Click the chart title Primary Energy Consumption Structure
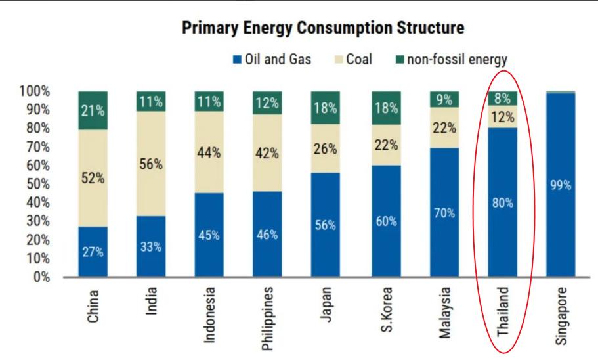tap(323, 28)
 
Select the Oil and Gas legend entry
tap(272, 60)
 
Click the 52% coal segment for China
tap(93, 179)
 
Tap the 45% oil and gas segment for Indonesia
tap(209, 235)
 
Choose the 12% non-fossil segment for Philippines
tap(267, 103)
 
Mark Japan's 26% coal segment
tap(326, 149)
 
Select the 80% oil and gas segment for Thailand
tap(502, 202)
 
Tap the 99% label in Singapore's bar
tap(560, 185)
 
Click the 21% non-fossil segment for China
tap(93, 110)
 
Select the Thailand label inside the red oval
tap(502, 311)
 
